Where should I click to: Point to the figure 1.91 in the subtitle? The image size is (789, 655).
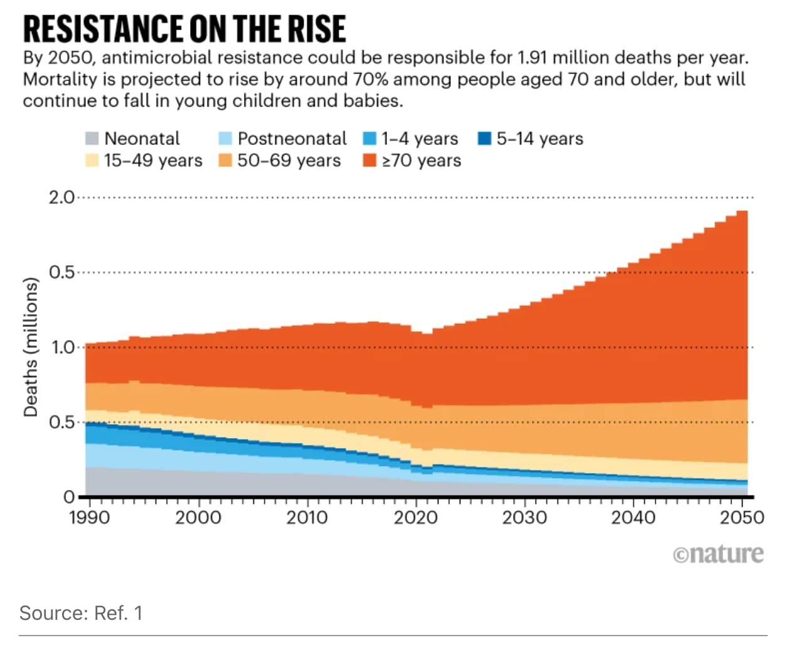(532, 58)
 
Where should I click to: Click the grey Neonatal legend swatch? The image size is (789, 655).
(92, 139)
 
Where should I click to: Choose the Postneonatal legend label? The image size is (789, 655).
(292, 139)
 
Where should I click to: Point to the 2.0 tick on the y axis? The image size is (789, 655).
(61, 198)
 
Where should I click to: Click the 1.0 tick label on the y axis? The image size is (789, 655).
(61, 347)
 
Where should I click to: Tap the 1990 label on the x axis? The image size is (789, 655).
(89, 518)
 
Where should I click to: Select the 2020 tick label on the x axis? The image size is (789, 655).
(415, 518)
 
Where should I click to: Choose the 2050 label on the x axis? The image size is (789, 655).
(741, 518)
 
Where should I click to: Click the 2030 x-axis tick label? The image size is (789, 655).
(524, 518)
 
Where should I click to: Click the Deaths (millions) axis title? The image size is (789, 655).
(30, 347)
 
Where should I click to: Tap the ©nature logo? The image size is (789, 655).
(718, 554)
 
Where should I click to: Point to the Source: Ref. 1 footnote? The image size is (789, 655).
(81, 613)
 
